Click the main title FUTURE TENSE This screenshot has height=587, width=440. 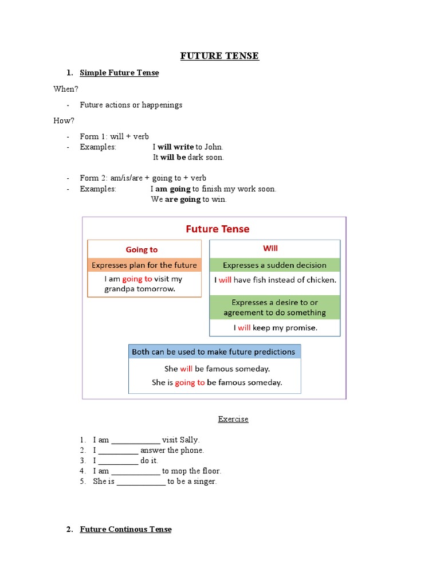(x=219, y=56)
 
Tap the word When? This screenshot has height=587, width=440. (x=66, y=89)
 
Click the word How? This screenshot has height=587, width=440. (x=64, y=120)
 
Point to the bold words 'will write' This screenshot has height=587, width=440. (x=176, y=147)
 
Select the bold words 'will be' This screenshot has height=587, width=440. (x=173, y=157)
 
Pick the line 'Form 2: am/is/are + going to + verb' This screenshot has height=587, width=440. (x=143, y=178)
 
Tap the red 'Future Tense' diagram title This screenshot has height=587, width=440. (x=218, y=229)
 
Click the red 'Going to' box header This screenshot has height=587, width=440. (x=142, y=249)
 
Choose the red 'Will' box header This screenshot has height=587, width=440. (x=270, y=248)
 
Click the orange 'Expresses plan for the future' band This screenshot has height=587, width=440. (x=144, y=265)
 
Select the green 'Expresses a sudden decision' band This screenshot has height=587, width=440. (x=274, y=265)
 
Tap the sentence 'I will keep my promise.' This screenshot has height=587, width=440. (x=275, y=328)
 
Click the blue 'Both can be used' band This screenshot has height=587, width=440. (x=214, y=351)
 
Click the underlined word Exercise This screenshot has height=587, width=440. (x=233, y=419)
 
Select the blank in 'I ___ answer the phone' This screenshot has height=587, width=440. (x=118, y=451)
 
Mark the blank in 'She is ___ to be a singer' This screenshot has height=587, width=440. (x=141, y=482)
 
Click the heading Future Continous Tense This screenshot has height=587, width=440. (x=125, y=529)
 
